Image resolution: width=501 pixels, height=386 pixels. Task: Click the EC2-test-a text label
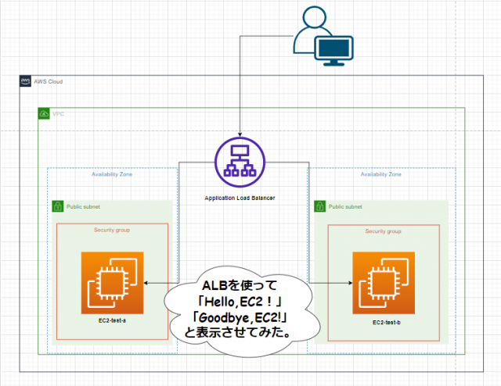click(x=114, y=321)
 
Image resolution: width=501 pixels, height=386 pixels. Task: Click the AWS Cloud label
click(x=49, y=82)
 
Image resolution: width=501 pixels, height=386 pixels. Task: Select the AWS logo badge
click(x=26, y=82)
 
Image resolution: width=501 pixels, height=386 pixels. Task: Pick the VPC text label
click(x=59, y=114)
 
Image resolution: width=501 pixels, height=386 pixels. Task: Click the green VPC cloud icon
click(x=45, y=114)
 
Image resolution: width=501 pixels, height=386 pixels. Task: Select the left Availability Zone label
click(x=112, y=174)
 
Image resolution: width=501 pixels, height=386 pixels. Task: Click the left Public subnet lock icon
click(x=57, y=207)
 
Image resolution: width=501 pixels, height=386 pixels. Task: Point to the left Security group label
click(x=112, y=231)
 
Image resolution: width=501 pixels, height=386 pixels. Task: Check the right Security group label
click(x=383, y=231)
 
